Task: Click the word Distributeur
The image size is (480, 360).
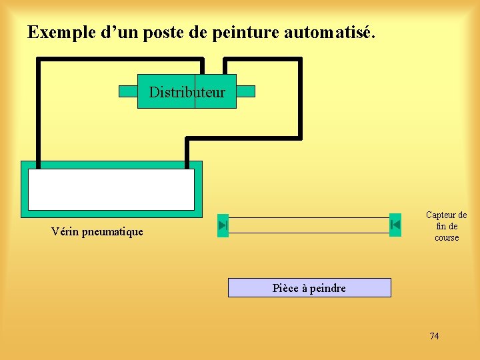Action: (x=187, y=92)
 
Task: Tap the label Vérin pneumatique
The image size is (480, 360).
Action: (x=97, y=232)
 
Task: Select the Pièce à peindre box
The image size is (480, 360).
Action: (x=309, y=288)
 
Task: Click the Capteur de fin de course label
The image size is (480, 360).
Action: (x=447, y=226)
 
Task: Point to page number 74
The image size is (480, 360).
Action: (x=434, y=336)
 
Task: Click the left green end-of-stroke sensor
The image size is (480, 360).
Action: (x=223, y=225)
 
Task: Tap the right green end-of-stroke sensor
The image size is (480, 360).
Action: (x=395, y=225)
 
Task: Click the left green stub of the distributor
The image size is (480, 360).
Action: (x=128, y=91)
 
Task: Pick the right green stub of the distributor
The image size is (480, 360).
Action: (x=245, y=91)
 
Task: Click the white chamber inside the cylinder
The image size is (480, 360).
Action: (x=111, y=189)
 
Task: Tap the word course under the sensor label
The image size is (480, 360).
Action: (x=447, y=238)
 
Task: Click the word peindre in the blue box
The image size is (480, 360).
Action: (x=326, y=288)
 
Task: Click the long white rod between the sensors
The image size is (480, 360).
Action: (x=309, y=225)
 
